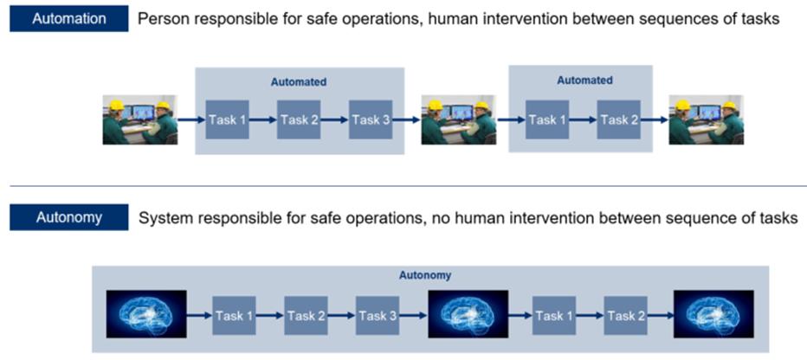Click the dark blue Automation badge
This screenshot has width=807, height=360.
click(x=68, y=18)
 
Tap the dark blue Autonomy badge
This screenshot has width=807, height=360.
click(x=68, y=217)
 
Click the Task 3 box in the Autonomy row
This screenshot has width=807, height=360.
click(x=377, y=316)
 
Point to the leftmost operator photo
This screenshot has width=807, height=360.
click(x=139, y=119)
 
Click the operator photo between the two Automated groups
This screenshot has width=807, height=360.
click(x=458, y=119)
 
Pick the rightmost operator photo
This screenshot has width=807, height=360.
click(x=706, y=119)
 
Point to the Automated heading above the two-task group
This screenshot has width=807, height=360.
click(x=584, y=80)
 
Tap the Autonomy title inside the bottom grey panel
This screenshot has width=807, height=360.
click(x=424, y=275)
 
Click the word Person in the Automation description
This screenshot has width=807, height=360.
click(x=164, y=19)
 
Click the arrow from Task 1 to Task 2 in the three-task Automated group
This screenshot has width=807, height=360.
click(x=263, y=119)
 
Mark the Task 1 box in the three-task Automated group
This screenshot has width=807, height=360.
click(x=228, y=119)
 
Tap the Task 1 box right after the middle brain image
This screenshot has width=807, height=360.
click(x=553, y=316)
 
